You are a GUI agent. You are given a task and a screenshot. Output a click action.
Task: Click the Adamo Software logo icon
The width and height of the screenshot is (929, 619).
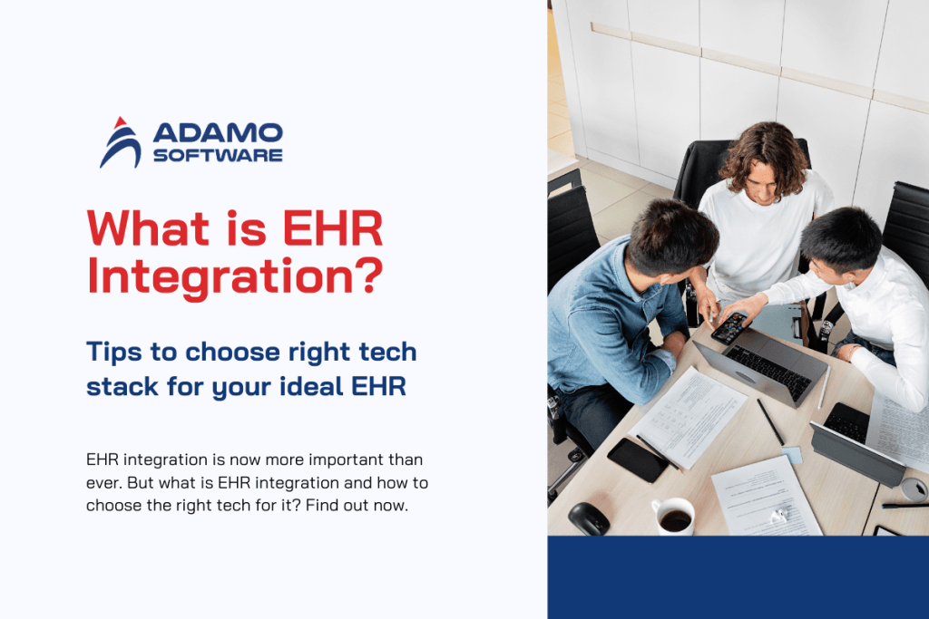point(120,143)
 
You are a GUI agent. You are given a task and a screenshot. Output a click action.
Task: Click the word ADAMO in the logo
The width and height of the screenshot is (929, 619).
point(218,133)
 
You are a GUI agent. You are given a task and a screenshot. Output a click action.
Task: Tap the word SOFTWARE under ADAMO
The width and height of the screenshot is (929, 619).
point(218,156)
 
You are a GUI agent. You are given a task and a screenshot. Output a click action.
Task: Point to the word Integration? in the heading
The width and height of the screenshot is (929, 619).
point(232,276)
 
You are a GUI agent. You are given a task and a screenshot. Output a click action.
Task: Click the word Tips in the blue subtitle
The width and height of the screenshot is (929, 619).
point(113,351)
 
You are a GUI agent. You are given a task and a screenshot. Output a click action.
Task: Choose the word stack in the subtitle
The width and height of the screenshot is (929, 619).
point(119,387)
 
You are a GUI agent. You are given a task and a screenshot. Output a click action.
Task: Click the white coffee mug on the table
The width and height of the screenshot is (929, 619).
point(673,517)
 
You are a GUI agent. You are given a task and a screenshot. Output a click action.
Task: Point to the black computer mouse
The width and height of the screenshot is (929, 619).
point(589,518)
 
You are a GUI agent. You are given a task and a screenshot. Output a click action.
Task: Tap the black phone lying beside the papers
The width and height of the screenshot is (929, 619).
point(638,459)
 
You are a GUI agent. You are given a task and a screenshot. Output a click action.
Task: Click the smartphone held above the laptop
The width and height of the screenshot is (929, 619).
point(730,328)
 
